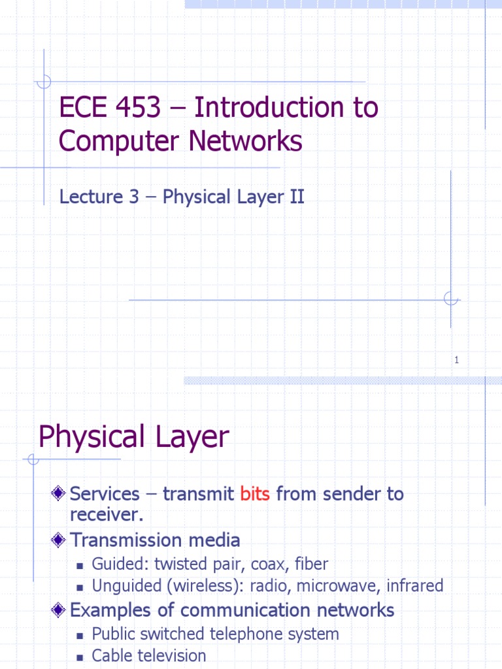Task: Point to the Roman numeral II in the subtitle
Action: (x=297, y=197)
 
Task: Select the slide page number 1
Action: (x=457, y=360)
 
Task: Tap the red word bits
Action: (x=255, y=494)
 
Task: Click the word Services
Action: (x=105, y=494)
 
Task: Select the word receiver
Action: (x=105, y=514)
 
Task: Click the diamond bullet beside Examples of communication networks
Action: (x=59, y=610)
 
